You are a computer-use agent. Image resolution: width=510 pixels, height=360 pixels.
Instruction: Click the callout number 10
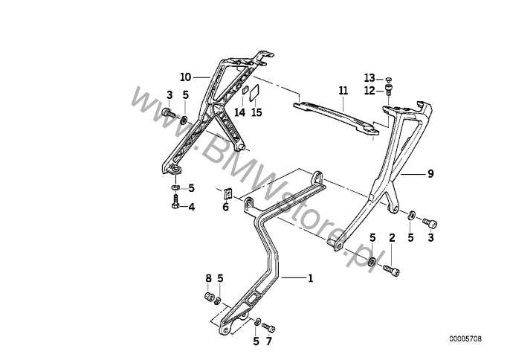pyautogui.click(x=186, y=77)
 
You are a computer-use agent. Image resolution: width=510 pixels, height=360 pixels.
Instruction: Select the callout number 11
pyautogui.click(x=343, y=91)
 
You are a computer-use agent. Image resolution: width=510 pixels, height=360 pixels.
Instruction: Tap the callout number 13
pyautogui.click(x=369, y=78)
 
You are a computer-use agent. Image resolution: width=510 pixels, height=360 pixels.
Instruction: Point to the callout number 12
pyautogui.click(x=369, y=91)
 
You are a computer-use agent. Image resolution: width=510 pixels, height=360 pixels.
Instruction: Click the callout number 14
pyautogui.click(x=239, y=112)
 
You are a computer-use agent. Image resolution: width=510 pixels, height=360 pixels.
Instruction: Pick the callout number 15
pyautogui.click(x=256, y=112)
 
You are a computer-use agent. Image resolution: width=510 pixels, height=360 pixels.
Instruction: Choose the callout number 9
pyautogui.click(x=430, y=174)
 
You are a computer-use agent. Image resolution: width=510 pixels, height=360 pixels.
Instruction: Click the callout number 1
pyautogui.click(x=310, y=278)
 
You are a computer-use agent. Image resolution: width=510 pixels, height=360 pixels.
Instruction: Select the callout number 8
pyautogui.click(x=208, y=278)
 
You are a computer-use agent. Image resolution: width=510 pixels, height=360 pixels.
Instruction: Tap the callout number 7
pyautogui.click(x=268, y=341)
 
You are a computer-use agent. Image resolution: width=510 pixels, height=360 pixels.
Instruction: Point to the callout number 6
pyautogui.click(x=226, y=207)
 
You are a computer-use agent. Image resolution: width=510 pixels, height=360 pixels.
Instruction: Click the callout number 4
pyautogui.click(x=192, y=207)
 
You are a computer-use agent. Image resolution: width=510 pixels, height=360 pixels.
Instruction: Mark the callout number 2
pyautogui.click(x=392, y=237)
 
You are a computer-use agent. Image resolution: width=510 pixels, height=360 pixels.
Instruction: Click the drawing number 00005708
pyautogui.click(x=465, y=339)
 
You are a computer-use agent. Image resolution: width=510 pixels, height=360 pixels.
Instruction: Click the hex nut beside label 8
pyautogui.click(x=209, y=297)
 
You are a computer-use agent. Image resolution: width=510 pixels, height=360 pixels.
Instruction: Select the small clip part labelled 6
pyautogui.click(x=228, y=193)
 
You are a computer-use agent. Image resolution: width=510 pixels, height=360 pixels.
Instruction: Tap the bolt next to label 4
pyautogui.click(x=175, y=202)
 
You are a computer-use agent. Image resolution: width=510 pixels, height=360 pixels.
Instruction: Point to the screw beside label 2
pyautogui.click(x=392, y=270)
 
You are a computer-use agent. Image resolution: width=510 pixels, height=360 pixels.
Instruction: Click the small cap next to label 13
pyautogui.click(x=388, y=79)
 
